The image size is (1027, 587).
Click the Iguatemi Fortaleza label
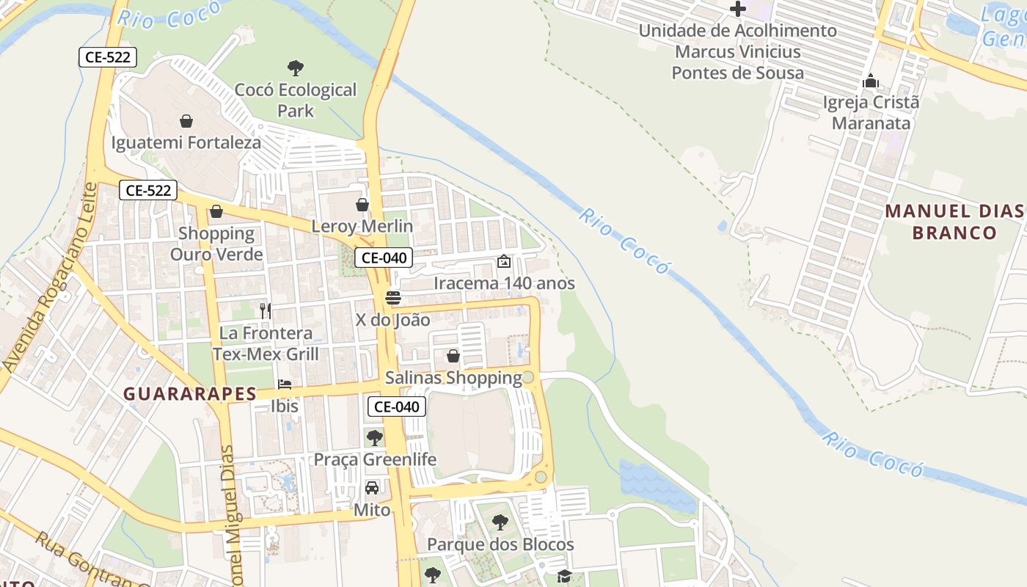pyautogui.click(x=186, y=142)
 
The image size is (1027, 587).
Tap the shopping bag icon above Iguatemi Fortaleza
pyautogui.click(x=186, y=121)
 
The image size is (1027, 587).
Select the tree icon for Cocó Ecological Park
pyautogui.click(x=296, y=68)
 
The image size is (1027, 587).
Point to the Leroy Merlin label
pyautogui.click(x=362, y=226)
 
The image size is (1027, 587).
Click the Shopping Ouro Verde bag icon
pyautogui.click(x=216, y=212)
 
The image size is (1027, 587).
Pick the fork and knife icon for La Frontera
pyautogui.click(x=266, y=311)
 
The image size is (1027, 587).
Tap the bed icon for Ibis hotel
pyautogui.click(x=285, y=384)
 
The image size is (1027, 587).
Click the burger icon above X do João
pyautogui.click(x=393, y=298)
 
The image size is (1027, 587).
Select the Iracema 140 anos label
pyautogui.click(x=504, y=283)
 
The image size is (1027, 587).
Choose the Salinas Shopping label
pyautogui.click(x=453, y=378)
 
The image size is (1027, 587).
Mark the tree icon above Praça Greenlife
pyautogui.click(x=375, y=438)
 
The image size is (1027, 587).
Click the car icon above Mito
pyautogui.click(x=372, y=488)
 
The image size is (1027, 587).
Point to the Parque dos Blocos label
pyautogui.click(x=500, y=544)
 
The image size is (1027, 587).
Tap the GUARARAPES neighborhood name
pyautogui.click(x=190, y=394)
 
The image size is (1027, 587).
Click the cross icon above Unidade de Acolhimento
pyautogui.click(x=738, y=10)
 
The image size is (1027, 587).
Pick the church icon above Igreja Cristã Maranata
pyautogui.click(x=871, y=81)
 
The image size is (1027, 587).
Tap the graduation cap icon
pyautogui.click(x=564, y=576)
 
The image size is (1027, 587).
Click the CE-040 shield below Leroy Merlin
pyautogui.click(x=384, y=258)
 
